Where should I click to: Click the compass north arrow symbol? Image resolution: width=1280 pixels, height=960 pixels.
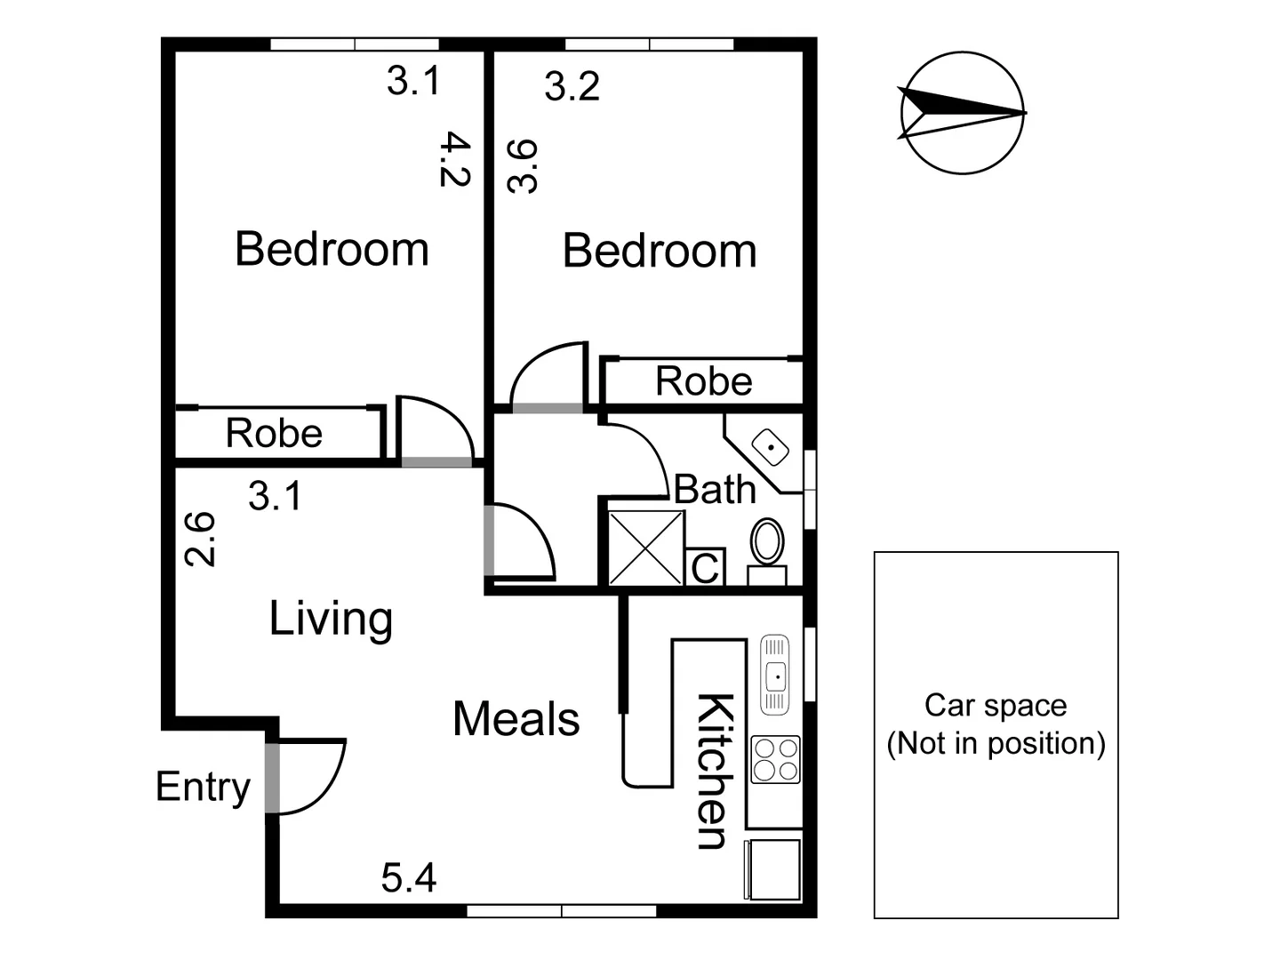(x=962, y=113)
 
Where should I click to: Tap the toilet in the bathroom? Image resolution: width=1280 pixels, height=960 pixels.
(x=767, y=541)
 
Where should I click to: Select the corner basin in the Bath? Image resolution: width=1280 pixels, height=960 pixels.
(x=770, y=447)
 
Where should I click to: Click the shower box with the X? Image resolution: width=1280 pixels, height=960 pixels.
(x=646, y=548)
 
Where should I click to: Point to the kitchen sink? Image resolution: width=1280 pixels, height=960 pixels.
(x=775, y=676)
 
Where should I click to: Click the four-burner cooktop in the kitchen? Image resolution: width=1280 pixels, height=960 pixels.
(x=775, y=759)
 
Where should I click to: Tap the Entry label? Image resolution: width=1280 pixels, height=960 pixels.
(x=203, y=787)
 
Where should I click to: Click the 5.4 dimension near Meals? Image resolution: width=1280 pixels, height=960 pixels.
(x=409, y=878)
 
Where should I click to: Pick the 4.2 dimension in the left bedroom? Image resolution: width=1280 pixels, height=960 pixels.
(x=454, y=160)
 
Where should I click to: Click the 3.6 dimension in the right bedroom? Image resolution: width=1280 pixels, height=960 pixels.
(x=523, y=166)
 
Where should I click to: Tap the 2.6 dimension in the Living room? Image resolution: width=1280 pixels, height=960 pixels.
(x=200, y=539)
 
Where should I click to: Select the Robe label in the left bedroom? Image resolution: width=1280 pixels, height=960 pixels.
(x=274, y=434)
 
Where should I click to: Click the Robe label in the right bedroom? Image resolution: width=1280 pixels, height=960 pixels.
(x=703, y=381)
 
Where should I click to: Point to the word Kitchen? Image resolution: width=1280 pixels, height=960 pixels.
(x=714, y=771)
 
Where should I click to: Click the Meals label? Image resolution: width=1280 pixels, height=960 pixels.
(x=516, y=719)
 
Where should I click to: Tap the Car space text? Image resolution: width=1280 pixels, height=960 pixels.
(x=996, y=724)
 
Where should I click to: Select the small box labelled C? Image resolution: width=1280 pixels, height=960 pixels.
(x=706, y=568)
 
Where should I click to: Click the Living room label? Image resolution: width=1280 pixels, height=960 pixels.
(x=331, y=619)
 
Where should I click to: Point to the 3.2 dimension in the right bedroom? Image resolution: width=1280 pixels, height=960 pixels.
(x=572, y=86)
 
